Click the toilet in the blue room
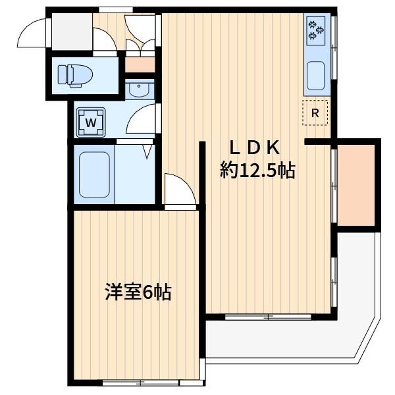click(75, 76)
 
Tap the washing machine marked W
click(91, 122)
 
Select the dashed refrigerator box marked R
click(315, 113)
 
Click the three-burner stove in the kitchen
click(315, 31)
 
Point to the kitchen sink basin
click(315, 76)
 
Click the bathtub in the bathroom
click(94, 174)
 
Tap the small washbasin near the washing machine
click(139, 89)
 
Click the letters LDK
click(255, 148)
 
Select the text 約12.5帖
click(257, 171)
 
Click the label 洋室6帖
click(138, 292)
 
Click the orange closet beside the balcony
click(356, 185)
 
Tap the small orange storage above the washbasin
click(140, 65)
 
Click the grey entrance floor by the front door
click(72, 32)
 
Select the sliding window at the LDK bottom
click(268, 317)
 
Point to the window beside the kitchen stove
click(334, 48)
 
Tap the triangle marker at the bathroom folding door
click(148, 152)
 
